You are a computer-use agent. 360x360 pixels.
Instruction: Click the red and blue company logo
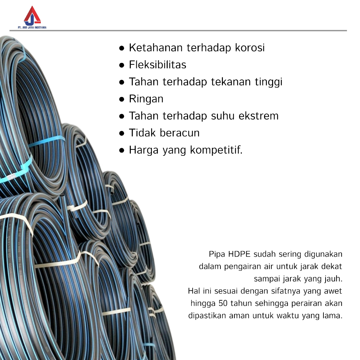point(32,15)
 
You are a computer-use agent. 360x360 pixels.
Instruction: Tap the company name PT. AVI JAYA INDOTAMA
point(32,27)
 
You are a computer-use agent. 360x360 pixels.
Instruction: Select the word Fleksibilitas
point(157,65)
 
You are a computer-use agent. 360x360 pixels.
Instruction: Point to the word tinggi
point(268,82)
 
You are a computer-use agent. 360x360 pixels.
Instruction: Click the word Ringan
point(146,99)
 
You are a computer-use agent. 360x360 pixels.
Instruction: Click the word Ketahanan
point(155,48)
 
